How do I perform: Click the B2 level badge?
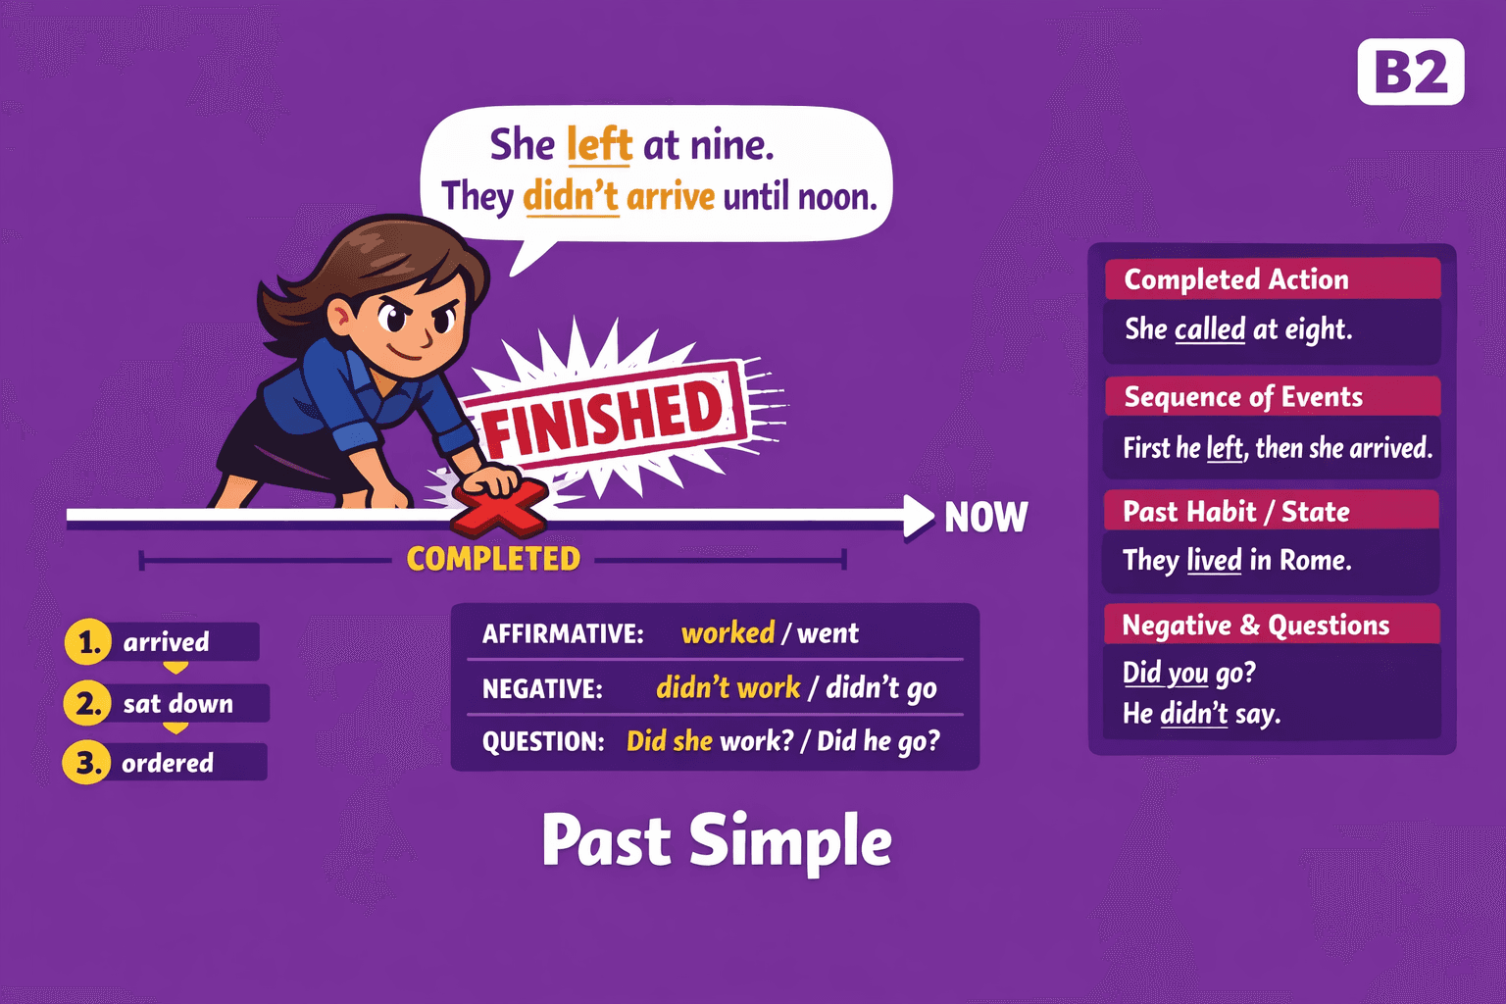(1410, 72)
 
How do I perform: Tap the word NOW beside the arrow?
(985, 517)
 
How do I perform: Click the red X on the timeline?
(499, 506)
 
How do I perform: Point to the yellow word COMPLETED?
(493, 559)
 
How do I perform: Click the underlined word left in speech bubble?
(599, 145)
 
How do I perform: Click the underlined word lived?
(1214, 560)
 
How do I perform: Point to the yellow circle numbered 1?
(88, 642)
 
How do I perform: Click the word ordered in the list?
(168, 763)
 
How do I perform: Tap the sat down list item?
(178, 703)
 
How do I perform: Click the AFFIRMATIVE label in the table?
(563, 633)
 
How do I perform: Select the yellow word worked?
(728, 632)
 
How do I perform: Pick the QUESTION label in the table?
(542, 741)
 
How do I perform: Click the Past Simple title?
(717, 841)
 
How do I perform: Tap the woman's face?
(412, 319)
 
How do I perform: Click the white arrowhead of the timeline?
(918, 516)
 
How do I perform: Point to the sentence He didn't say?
(1201, 713)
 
